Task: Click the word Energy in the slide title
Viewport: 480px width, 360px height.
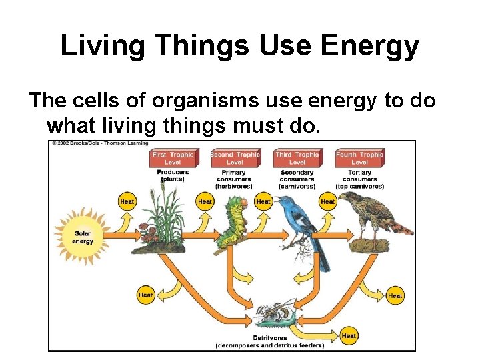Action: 371,47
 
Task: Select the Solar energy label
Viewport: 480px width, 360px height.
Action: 83,238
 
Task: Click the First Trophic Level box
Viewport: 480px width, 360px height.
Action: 173,158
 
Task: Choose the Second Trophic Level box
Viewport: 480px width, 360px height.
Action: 235,158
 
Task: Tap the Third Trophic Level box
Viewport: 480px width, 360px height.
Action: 297,158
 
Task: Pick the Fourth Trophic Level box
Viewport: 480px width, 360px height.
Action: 359,158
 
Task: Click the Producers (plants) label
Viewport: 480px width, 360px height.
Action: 173,175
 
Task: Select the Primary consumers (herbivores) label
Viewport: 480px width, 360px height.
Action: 234,179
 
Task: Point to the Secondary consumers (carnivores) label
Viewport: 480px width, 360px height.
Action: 297,179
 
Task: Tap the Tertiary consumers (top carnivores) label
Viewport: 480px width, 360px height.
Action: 359,179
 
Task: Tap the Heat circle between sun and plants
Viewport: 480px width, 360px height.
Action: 127,201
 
